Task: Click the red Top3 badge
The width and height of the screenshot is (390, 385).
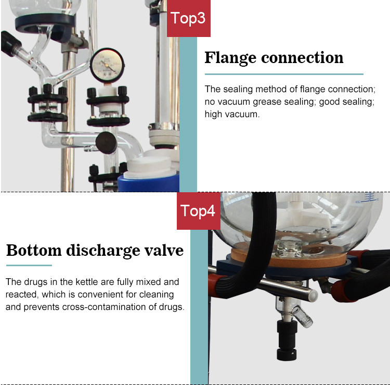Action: (189, 18)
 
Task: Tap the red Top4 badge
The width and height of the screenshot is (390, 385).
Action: (199, 211)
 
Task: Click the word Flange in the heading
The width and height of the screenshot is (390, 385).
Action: (230, 58)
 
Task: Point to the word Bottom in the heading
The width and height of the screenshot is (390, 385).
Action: (34, 250)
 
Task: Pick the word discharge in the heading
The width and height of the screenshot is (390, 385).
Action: (103, 251)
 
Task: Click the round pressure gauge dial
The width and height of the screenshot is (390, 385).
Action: (107, 66)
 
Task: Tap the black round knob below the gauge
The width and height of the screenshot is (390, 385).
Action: (106, 143)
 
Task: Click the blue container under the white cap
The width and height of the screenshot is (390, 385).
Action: (149, 183)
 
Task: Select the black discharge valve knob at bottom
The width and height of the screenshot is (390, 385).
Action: (287, 340)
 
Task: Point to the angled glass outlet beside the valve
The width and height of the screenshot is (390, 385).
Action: (303, 316)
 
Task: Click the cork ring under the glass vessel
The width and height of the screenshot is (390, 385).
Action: (289, 256)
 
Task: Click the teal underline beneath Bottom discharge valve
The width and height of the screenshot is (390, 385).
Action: (29, 265)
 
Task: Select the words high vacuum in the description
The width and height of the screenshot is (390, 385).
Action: (232, 115)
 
